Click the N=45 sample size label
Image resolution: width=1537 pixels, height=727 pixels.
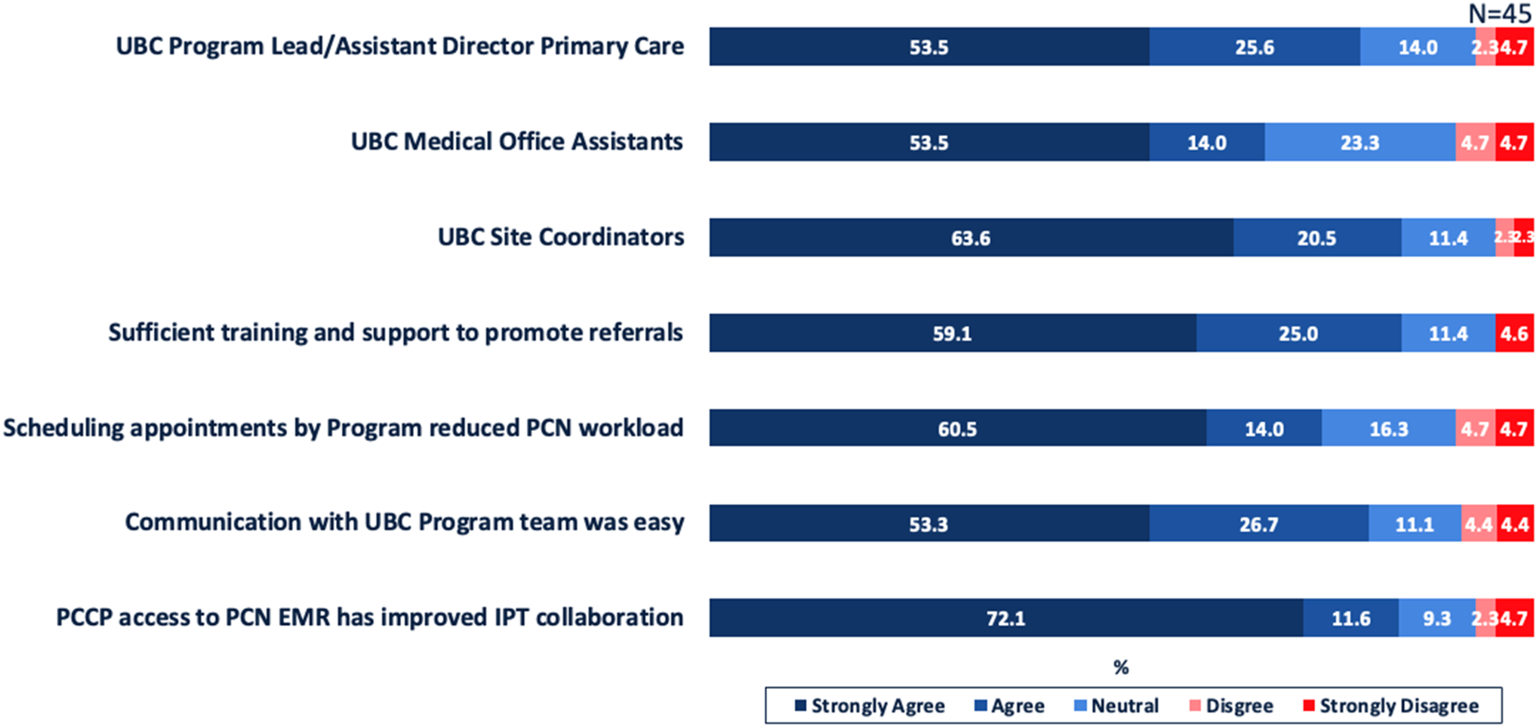(x=1499, y=13)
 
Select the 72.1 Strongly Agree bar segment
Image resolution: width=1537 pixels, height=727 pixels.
(x=1006, y=618)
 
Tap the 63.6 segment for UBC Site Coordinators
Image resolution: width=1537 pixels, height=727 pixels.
(x=971, y=237)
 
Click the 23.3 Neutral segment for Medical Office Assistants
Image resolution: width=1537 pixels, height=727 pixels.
(x=1360, y=142)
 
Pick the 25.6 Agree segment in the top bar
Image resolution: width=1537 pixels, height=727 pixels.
(x=1255, y=47)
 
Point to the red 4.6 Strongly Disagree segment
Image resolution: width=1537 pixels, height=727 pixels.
(x=1514, y=333)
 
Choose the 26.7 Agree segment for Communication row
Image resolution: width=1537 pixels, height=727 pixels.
(x=1259, y=523)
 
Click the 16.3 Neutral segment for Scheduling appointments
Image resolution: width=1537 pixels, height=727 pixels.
(x=1388, y=428)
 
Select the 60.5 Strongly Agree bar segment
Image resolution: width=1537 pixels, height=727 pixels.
(x=958, y=428)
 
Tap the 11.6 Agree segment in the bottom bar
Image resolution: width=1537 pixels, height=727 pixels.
(x=1351, y=618)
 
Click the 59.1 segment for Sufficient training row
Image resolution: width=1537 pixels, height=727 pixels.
(x=953, y=333)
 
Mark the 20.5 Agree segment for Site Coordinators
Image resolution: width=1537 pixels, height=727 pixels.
(x=1317, y=237)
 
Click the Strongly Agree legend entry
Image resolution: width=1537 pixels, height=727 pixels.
(x=870, y=706)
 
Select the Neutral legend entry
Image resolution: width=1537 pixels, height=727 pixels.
(x=1116, y=706)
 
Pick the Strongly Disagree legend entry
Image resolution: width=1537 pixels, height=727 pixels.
(x=1391, y=706)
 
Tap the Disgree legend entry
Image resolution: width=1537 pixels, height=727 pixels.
(x=1232, y=706)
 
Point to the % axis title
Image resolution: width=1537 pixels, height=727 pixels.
(x=1121, y=667)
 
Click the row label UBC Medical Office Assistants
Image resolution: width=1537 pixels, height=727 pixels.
(x=517, y=142)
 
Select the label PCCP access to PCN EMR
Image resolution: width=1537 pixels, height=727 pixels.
(x=193, y=618)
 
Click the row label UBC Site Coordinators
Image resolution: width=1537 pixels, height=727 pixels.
(x=561, y=237)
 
